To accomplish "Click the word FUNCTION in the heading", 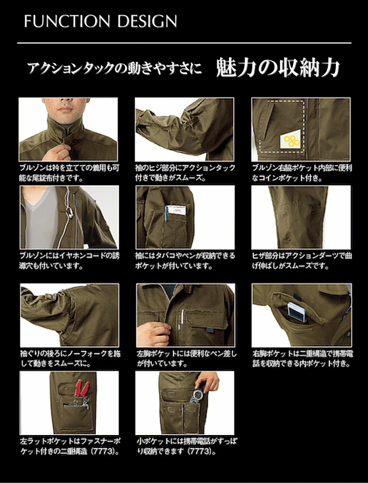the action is (x=67, y=21).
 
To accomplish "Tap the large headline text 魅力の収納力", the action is (x=277, y=67).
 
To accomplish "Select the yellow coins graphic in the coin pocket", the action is (x=291, y=140).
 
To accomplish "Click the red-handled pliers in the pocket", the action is (x=82, y=389).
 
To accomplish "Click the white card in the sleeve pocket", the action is (x=178, y=210).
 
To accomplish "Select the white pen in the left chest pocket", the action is (x=182, y=316).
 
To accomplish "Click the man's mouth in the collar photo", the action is (x=65, y=109).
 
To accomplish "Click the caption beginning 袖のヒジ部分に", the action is (x=185, y=173).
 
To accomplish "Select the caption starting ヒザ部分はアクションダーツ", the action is (x=302, y=261).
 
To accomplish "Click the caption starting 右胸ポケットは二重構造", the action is (x=303, y=358).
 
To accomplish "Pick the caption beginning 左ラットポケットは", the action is (x=70, y=446).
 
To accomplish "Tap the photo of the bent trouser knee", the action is (x=301, y=217).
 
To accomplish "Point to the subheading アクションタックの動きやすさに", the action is (x=114, y=68).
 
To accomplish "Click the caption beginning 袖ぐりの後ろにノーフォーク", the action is (x=70, y=358).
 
